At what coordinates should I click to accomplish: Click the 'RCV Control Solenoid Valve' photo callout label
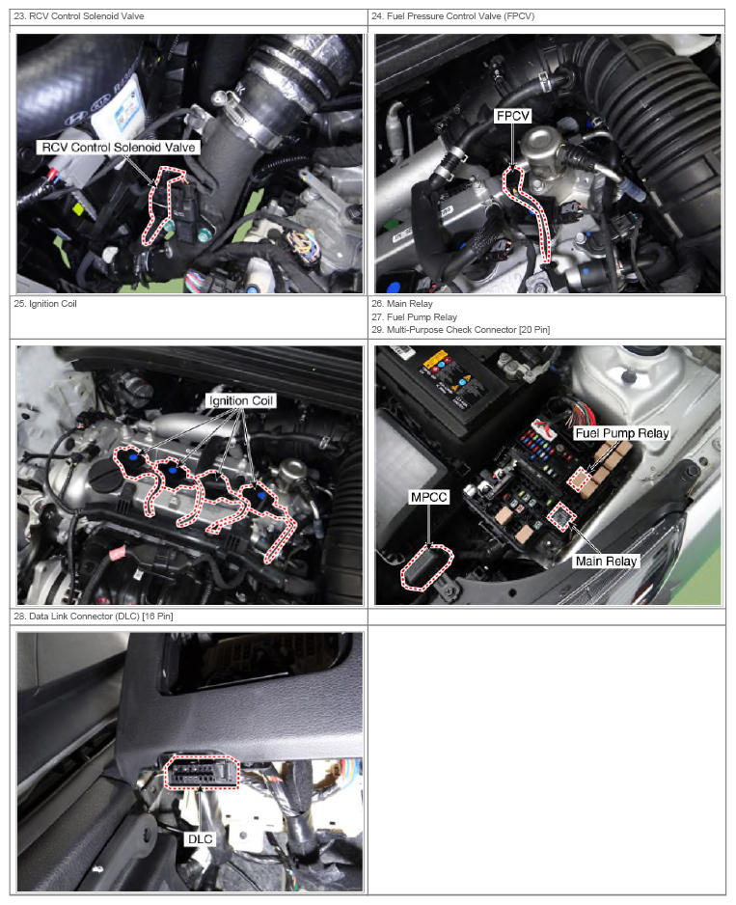[x=119, y=148]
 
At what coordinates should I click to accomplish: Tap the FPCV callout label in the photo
[x=512, y=116]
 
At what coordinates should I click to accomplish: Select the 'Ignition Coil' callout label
[x=241, y=400]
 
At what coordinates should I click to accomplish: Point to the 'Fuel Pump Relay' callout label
[x=622, y=433]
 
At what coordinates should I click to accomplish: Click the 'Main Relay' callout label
[x=606, y=561]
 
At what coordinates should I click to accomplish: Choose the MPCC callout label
[x=429, y=497]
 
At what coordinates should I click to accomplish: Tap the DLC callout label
[x=201, y=838]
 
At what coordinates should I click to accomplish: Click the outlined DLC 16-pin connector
[x=202, y=772]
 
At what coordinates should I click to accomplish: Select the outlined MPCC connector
[x=427, y=567]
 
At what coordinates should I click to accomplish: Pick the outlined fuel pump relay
[x=582, y=480]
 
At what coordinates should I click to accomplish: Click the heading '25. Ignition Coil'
[x=45, y=304]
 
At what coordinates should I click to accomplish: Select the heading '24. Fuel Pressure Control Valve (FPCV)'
[x=453, y=16]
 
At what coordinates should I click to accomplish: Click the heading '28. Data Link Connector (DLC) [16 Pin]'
[x=94, y=617]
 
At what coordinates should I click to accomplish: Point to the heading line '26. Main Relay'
[x=402, y=304]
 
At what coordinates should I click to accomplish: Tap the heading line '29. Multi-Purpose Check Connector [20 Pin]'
[x=461, y=330]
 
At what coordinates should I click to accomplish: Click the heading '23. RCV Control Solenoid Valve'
[x=79, y=16]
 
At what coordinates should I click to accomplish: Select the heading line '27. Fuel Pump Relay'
[x=415, y=316]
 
